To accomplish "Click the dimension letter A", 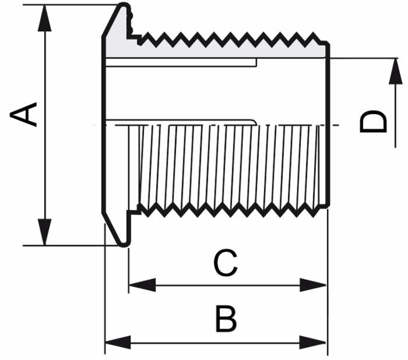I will click(x=25, y=114).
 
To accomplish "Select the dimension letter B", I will click(x=226, y=319).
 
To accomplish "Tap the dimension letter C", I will click(x=225, y=263).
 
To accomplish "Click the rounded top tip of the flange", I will click(x=123, y=6).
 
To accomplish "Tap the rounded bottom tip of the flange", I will click(x=123, y=243).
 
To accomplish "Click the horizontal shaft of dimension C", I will click(x=227, y=285).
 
